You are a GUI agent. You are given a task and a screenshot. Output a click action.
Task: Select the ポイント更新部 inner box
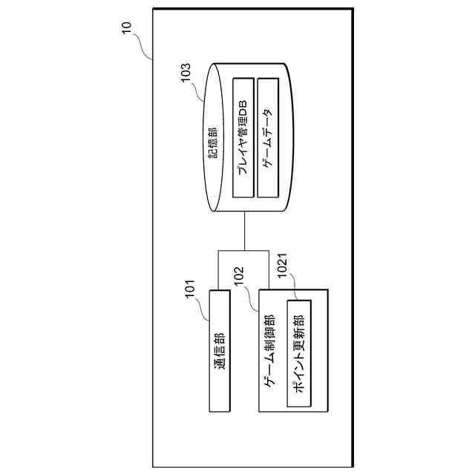(x=298, y=355)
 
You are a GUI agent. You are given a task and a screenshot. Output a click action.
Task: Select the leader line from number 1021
(x=296, y=289)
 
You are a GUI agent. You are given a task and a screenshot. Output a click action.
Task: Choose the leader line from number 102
(x=253, y=301)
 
